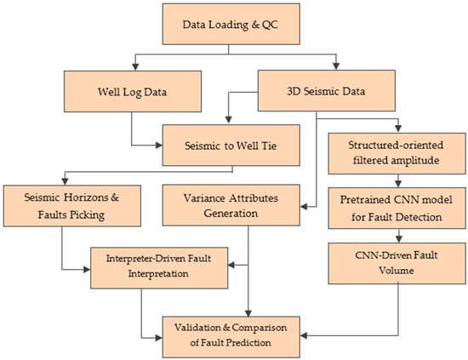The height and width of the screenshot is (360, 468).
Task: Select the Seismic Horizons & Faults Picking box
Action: tap(64, 203)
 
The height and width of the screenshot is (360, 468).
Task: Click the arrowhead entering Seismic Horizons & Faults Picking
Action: tap(64, 180)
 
